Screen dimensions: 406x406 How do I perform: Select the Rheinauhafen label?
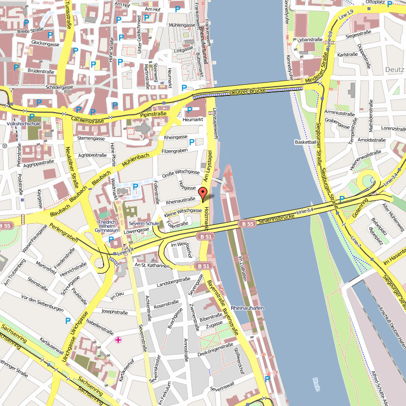(247, 308)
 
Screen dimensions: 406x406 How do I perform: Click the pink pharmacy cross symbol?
(119, 340)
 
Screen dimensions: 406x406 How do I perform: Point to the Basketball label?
(306, 142)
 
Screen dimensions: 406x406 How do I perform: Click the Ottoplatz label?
(375, 3)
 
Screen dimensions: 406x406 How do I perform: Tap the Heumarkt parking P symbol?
(189, 110)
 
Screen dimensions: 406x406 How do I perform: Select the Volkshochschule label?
(23, 123)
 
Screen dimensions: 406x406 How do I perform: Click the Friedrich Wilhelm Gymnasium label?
(109, 226)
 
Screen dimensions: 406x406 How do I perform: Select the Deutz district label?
(394, 69)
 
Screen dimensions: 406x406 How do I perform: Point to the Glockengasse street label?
(45, 44)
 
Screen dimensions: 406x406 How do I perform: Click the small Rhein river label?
(317, 385)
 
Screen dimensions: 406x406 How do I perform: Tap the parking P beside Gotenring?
(342, 199)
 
